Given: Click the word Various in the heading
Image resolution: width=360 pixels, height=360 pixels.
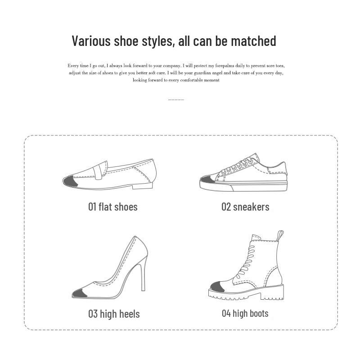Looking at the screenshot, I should (x=91, y=41).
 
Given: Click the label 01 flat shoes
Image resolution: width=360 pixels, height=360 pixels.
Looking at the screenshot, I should (x=113, y=207).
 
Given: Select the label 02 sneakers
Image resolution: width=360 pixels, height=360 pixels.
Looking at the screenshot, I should (x=245, y=207).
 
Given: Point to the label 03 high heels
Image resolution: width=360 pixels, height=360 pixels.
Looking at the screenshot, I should (x=114, y=314).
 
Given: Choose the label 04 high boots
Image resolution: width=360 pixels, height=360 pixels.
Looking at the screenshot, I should (x=245, y=313).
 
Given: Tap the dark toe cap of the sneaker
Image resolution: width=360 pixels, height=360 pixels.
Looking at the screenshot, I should (x=207, y=182).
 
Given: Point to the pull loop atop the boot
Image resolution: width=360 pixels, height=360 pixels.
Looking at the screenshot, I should (x=280, y=236).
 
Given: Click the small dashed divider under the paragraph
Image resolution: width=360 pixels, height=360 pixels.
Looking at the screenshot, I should (x=176, y=100).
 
